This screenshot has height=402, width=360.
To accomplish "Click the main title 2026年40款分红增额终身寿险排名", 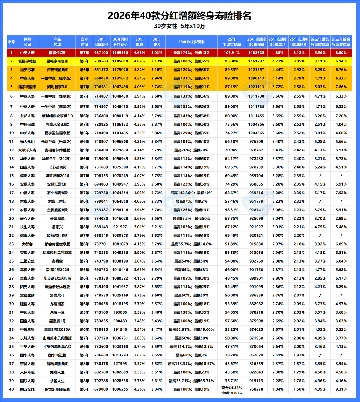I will click(x=180, y=16).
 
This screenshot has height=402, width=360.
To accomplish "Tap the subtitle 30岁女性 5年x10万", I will click(x=180, y=26).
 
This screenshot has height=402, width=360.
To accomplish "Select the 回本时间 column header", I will click(x=84, y=42).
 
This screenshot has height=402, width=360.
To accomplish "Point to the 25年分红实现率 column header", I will click(x=191, y=42).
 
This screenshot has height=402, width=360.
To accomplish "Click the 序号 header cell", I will click(x=11, y=42).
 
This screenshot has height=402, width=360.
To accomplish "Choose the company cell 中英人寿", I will click(x=27, y=53).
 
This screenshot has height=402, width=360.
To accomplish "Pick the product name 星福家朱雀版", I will click(x=57, y=61).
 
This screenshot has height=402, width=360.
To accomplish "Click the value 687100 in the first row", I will click(x=101, y=53).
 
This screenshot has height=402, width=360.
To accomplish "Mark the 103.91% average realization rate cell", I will click(x=232, y=53).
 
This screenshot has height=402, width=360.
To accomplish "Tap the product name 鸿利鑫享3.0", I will click(x=57, y=87).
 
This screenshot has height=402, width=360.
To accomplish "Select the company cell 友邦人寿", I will click(x=27, y=116).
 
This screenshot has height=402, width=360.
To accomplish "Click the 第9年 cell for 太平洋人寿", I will click(x=84, y=150).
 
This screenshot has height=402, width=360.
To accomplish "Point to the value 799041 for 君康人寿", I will click(x=101, y=201).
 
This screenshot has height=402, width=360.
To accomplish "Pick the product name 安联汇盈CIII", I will click(x=57, y=184).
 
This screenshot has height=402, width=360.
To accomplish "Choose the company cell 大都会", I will click(x=27, y=244).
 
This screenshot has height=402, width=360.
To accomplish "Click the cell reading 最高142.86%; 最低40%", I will click(x=191, y=193).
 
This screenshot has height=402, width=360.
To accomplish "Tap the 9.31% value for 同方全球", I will click(x=341, y=389).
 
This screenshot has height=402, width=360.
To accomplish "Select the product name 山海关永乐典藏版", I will click(x=57, y=338).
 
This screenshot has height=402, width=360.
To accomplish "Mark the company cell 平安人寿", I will click(x=27, y=347).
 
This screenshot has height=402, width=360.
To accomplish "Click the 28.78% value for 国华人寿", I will click(x=232, y=355).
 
